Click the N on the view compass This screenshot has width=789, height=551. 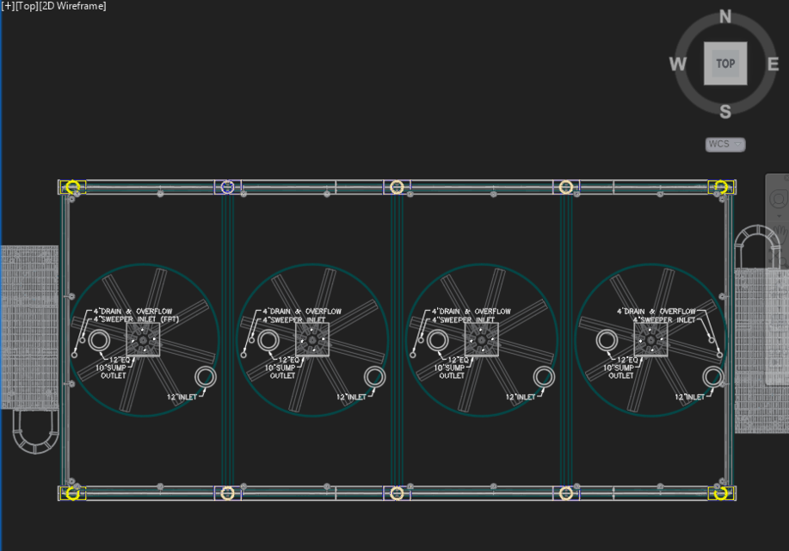725,17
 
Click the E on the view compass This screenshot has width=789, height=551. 773,64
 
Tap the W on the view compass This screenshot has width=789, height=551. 678,65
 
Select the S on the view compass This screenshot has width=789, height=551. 725,111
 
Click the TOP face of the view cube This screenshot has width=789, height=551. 725,64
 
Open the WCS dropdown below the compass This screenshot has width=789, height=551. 725,144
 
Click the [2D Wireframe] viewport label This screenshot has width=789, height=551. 73,6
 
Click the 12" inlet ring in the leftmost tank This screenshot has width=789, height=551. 205,377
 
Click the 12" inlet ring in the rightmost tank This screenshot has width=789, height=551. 712,377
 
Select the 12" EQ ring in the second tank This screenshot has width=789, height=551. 268,341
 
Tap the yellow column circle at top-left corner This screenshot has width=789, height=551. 73,187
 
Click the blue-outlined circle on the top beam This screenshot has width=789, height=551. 227,187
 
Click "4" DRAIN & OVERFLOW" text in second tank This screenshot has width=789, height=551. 302,311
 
